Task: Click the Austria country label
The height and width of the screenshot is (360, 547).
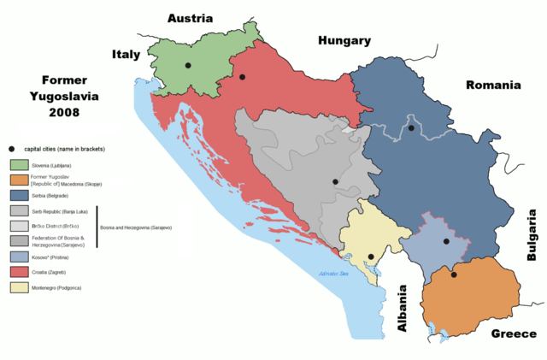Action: [x=195, y=18]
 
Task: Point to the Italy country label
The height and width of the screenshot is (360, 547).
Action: [x=126, y=55]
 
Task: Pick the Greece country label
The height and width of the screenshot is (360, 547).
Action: [x=512, y=334]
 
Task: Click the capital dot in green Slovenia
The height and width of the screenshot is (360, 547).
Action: [x=187, y=65]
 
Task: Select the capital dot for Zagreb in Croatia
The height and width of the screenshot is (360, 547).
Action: [x=243, y=78]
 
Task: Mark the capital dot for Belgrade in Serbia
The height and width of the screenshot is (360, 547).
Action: [x=411, y=128]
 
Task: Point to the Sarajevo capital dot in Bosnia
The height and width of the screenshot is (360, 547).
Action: [x=335, y=182]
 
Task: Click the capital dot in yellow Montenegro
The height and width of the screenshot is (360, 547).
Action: [x=370, y=257]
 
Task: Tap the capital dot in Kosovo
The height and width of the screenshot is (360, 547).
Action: [x=446, y=242]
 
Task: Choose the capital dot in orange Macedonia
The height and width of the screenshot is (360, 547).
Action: [x=454, y=274]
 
